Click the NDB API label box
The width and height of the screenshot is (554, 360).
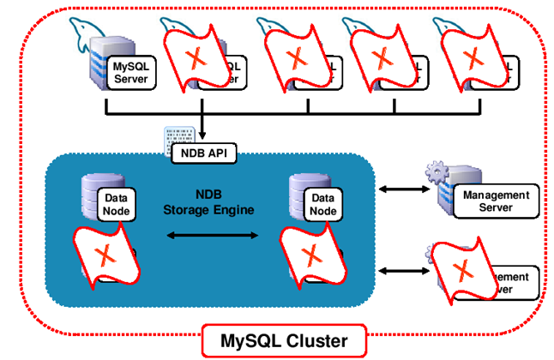(204, 153)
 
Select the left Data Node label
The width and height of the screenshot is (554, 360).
(117, 204)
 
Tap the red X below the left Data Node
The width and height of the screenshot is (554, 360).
(104, 255)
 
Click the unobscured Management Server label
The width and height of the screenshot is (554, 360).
(496, 201)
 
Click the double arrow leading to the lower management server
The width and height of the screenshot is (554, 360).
(397, 270)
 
